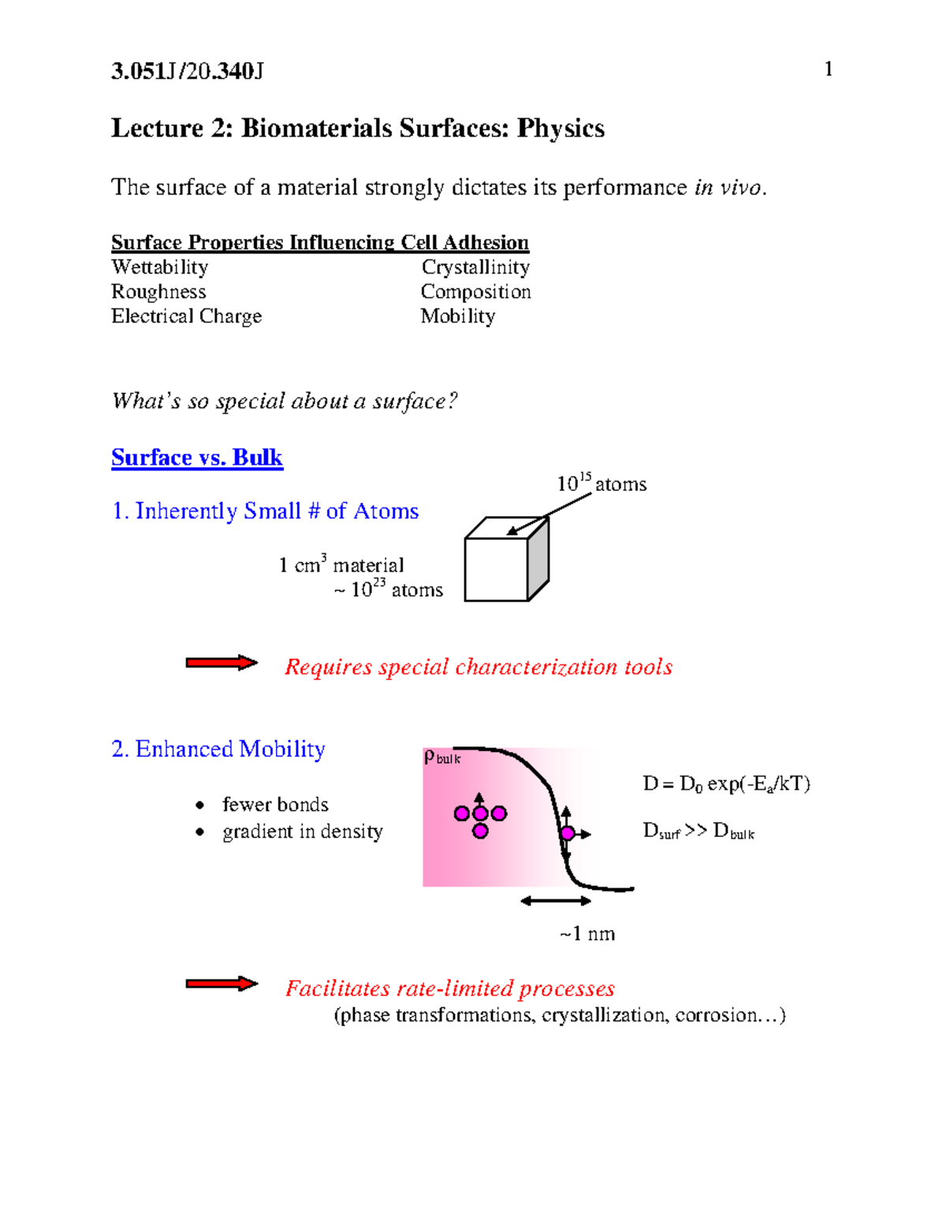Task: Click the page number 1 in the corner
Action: [x=829, y=69]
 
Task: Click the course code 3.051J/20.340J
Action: [x=188, y=72]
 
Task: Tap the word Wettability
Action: [x=160, y=267]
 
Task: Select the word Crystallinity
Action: [x=475, y=267]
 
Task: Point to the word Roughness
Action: [x=158, y=292]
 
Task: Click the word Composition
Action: [x=475, y=292]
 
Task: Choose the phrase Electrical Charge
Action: [x=186, y=316]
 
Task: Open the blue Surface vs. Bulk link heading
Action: [x=197, y=457]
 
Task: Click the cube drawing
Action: [x=505, y=561]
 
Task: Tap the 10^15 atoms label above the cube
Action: [x=601, y=483]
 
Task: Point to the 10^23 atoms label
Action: [x=389, y=590]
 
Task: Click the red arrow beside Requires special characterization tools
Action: [x=222, y=663]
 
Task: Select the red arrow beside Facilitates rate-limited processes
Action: [x=222, y=984]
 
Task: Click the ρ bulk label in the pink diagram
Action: [x=441, y=757]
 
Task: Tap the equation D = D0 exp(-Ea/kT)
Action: [x=726, y=783]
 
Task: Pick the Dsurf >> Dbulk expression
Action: [x=698, y=832]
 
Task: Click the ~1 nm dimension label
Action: [x=587, y=934]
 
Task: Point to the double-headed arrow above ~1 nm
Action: [x=556, y=901]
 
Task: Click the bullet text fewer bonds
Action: [x=275, y=805]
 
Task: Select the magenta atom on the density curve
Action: [x=567, y=833]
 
